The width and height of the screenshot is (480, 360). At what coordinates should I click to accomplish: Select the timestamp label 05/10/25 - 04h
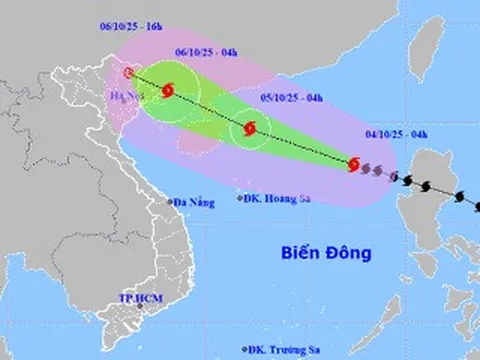tap(285, 97)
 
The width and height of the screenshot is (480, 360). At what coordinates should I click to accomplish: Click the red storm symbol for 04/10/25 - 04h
tap(353, 164)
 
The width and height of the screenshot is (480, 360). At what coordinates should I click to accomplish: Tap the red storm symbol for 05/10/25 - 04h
tap(249, 128)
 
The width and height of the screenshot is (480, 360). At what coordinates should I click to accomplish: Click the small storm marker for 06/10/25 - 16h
tap(128, 73)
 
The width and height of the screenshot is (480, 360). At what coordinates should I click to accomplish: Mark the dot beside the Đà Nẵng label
tap(171, 203)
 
